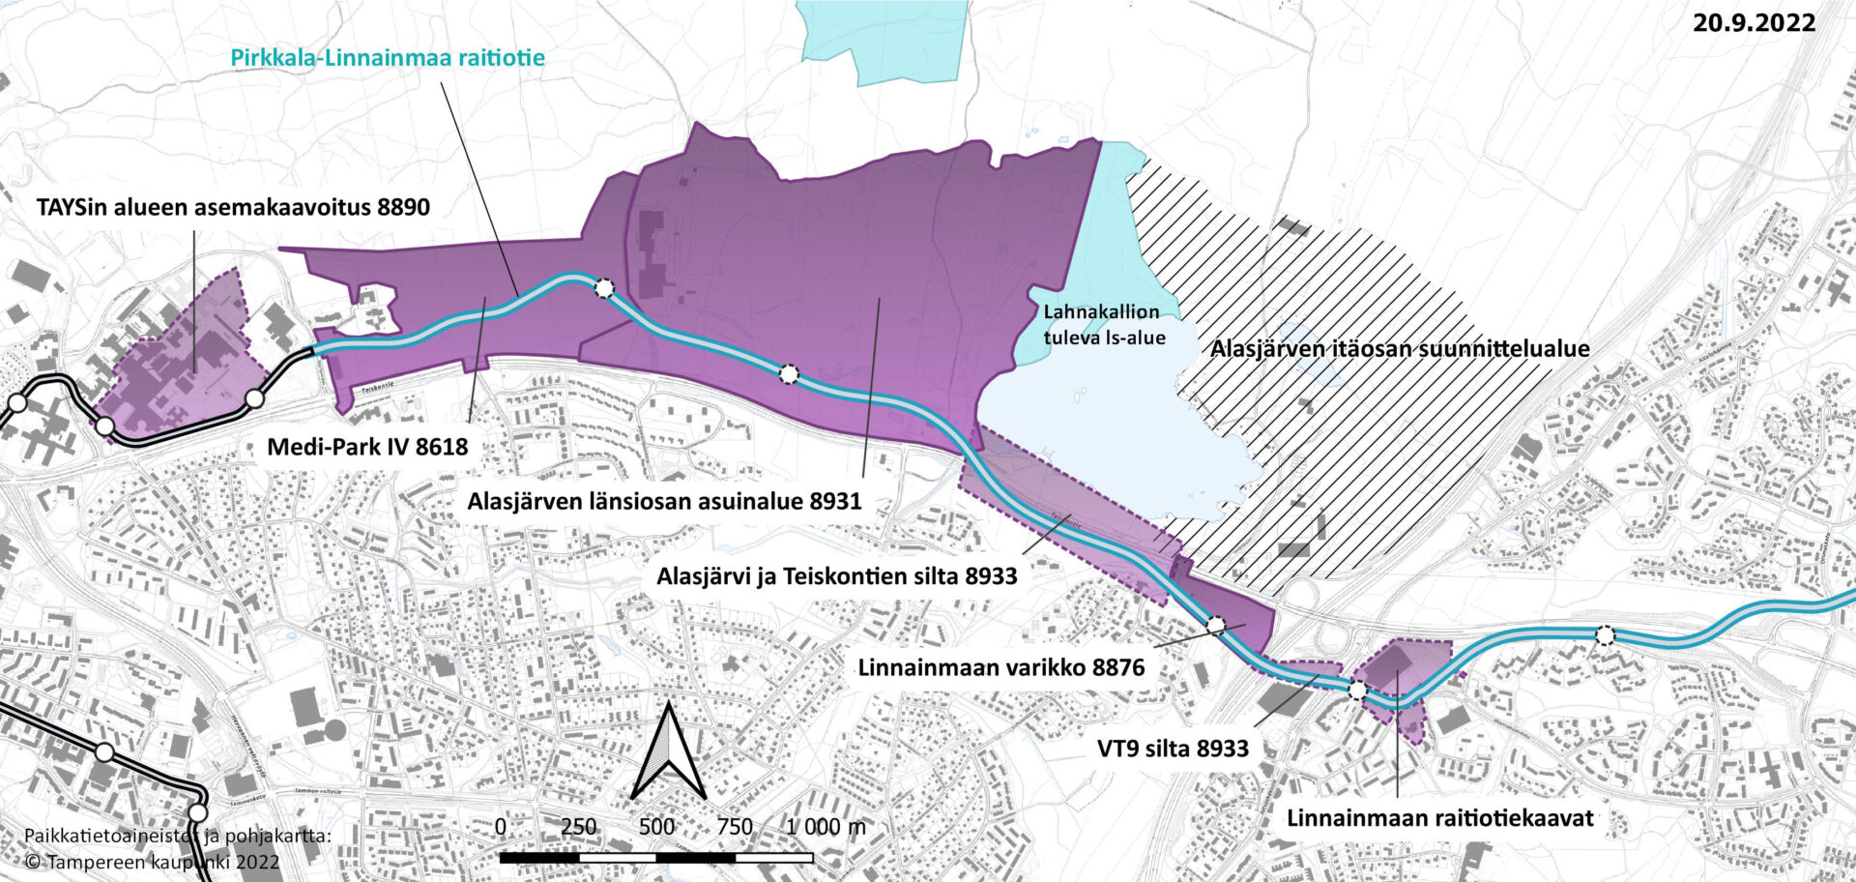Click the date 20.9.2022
click(1754, 22)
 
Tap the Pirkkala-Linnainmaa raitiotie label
click(388, 57)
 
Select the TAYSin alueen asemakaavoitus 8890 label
click(233, 207)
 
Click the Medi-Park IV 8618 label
click(367, 447)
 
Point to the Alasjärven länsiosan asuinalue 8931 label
click(664, 502)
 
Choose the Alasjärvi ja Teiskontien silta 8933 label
click(837, 576)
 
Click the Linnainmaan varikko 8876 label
click(1000, 667)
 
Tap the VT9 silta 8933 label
click(1173, 749)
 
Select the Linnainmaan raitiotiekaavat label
click(1439, 818)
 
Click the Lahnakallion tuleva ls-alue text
click(1103, 325)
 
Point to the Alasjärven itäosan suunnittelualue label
click(1400, 348)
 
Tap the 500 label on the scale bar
click(656, 827)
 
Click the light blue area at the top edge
click(881, 39)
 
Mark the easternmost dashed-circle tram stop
click(1605, 635)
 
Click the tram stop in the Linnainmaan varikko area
click(1216, 626)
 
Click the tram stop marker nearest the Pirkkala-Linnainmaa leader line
click(604, 287)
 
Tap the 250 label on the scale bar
click(578, 827)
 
